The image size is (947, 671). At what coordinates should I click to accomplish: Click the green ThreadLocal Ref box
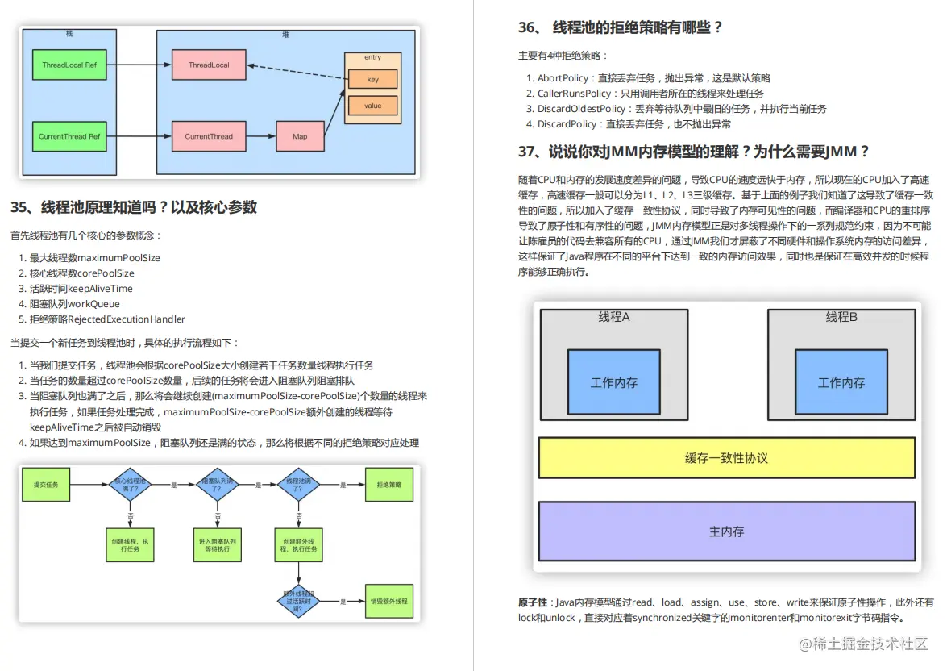(x=69, y=65)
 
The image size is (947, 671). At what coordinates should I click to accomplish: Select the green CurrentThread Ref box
(x=69, y=136)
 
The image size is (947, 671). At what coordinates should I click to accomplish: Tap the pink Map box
(x=300, y=136)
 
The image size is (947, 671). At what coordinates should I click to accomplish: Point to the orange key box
(x=372, y=80)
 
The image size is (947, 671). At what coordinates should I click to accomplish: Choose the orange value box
(x=372, y=106)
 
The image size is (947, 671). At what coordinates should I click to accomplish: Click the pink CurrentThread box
(x=209, y=136)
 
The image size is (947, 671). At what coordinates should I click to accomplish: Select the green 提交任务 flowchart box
(x=45, y=485)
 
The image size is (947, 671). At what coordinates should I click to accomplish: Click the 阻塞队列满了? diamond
(x=214, y=485)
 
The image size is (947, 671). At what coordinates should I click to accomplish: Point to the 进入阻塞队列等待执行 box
(x=214, y=544)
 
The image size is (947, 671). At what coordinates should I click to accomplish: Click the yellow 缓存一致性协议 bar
(x=726, y=458)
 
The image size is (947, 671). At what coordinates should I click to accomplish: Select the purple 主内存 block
(x=726, y=531)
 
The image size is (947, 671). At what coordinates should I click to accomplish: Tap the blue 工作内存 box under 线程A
(x=613, y=382)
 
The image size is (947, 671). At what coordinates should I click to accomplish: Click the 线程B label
(x=841, y=317)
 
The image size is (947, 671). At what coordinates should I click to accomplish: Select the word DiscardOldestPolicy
(x=581, y=109)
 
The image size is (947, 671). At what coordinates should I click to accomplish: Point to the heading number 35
(x=20, y=207)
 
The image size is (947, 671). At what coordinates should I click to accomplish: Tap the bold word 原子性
(x=533, y=602)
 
